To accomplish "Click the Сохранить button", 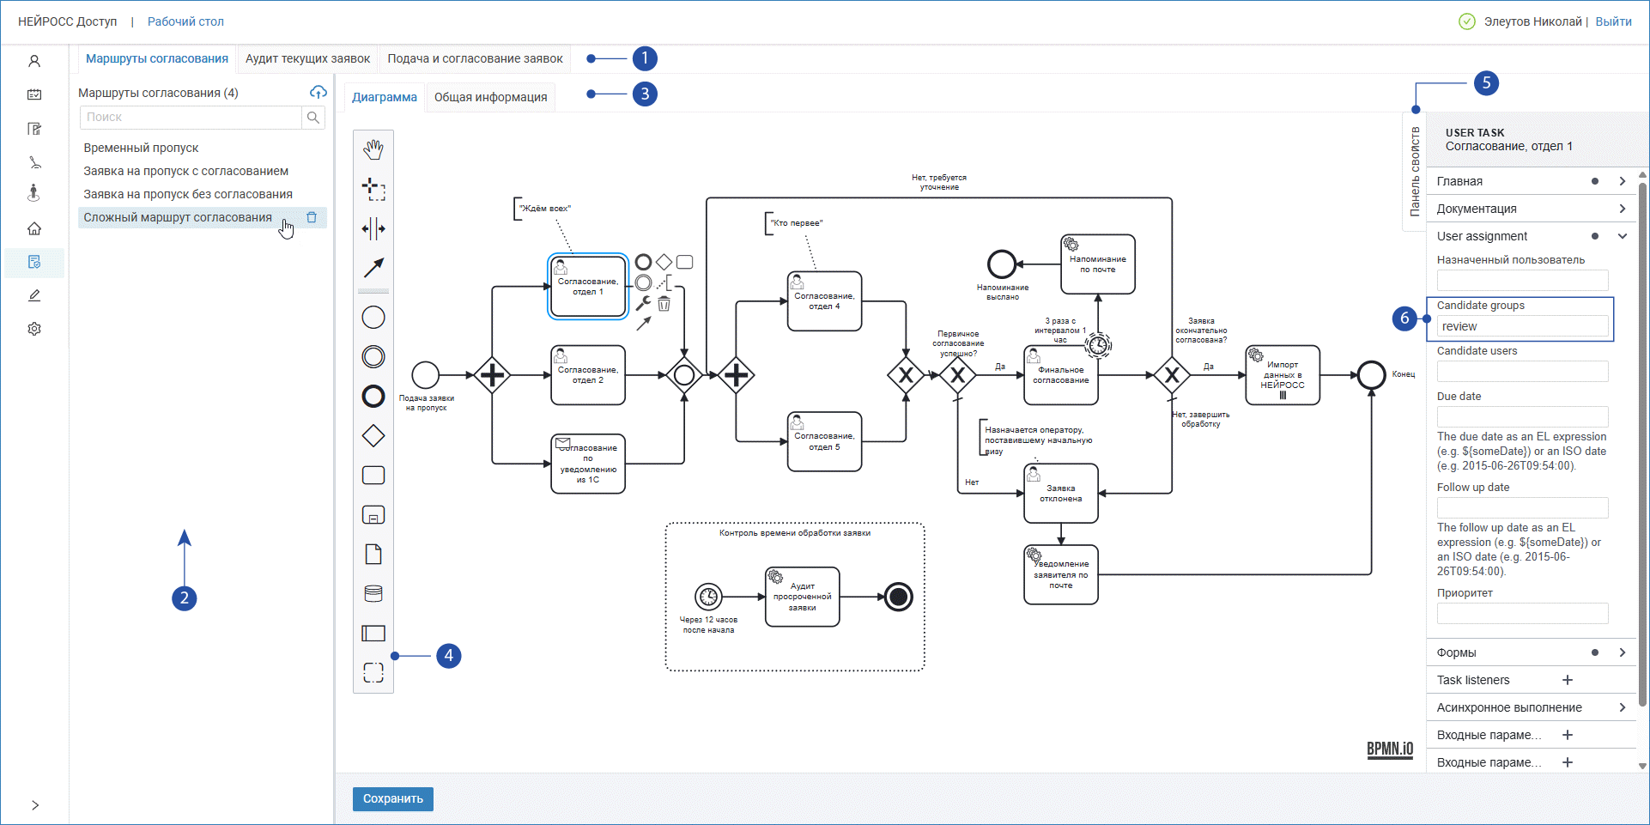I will click(x=392, y=798).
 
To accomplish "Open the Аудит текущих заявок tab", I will click(x=307, y=58).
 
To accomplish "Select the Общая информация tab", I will click(x=490, y=97).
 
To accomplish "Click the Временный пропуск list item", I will click(x=141, y=148).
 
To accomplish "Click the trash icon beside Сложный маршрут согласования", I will click(x=312, y=217).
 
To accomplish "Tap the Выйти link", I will click(x=1613, y=21).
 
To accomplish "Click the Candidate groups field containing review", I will click(x=1521, y=326).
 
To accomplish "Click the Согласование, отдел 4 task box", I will click(x=824, y=301).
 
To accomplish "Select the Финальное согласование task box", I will click(x=1060, y=376).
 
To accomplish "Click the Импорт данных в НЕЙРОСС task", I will click(x=1283, y=376).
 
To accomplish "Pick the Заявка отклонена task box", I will click(x=1060, y=494).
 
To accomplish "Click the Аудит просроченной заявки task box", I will click(x=802, y=597).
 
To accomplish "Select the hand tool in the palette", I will click(x=373, y=149).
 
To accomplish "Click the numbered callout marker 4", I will click(x=448, y=656).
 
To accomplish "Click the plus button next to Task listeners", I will click(x=1568, y=680).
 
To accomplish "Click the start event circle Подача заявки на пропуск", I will click(x=426, y=375).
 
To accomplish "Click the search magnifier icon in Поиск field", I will click(x=313, y=118).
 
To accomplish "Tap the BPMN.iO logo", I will click(x=1389, y=749).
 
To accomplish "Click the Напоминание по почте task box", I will click(x=1097, y=264).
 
